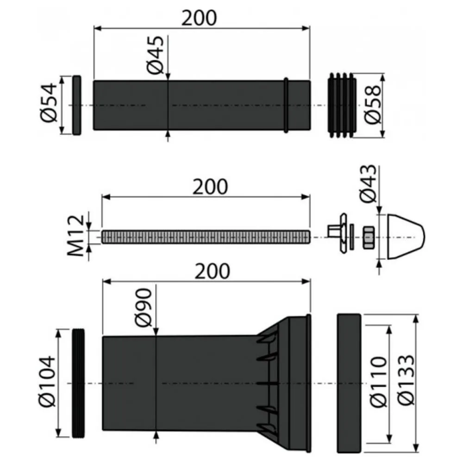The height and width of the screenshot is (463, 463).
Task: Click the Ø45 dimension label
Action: tap(155, 55)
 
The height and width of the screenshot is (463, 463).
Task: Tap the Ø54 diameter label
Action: tap(49, 102)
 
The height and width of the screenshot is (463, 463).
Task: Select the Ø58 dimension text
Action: tap(373, 105)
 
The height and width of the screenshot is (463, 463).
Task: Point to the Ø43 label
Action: tap(369, 184)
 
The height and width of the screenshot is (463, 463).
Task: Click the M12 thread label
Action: tap(76, 235)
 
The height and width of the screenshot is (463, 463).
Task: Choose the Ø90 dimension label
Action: tap(144, 308)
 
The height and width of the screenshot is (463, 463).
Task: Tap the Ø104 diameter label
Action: tap(47, 381)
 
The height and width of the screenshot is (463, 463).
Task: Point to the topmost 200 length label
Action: tap(199, 18)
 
